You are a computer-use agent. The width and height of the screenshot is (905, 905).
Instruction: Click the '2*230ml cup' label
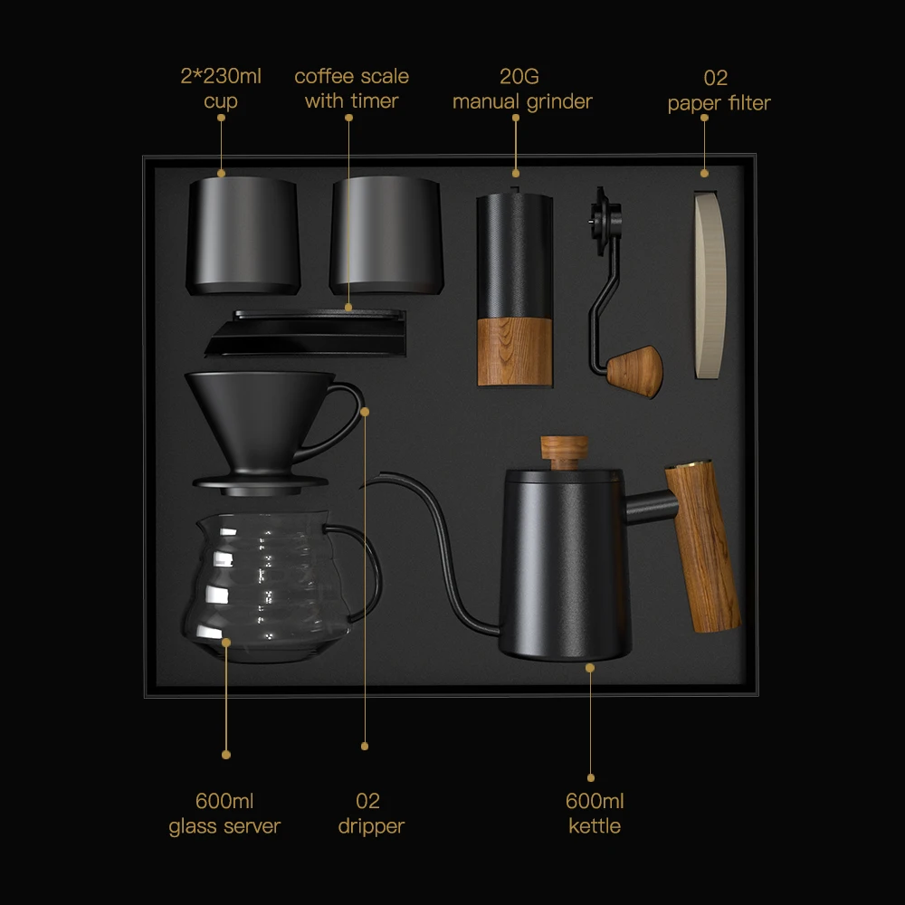coord(220,89)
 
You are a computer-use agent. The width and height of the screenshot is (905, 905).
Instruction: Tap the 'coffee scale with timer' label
coord(351,89)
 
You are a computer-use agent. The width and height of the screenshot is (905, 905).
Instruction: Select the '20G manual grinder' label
coord(522,89)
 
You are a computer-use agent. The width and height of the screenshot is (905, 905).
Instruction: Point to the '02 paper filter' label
coord(719,90)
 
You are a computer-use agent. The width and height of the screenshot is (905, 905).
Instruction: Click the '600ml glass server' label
coord(224,814)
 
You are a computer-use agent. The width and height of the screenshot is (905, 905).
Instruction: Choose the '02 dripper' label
coord(370,814)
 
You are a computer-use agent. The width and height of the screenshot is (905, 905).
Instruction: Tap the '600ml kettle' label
coord(595,814)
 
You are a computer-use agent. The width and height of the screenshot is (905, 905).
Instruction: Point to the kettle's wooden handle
coord(703,547)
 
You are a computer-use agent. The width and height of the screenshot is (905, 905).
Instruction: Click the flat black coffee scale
coord(306,332)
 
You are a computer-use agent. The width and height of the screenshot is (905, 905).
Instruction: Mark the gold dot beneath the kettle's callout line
coord(591,777)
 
